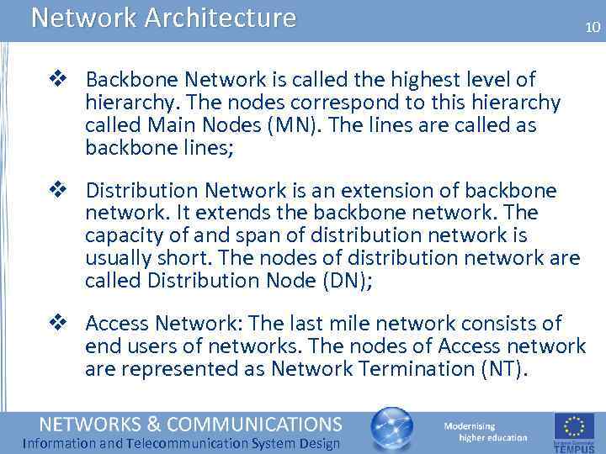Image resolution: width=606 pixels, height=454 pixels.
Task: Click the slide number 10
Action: (x=593, y=28)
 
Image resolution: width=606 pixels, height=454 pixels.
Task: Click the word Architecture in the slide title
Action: (x=221, y=18)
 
